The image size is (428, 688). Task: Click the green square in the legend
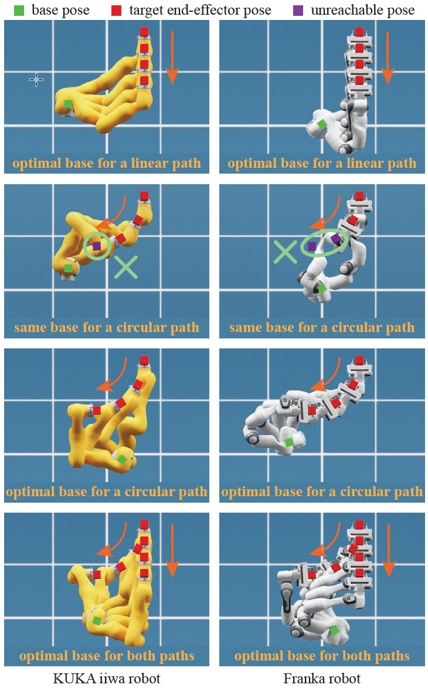click(x=19, y=10)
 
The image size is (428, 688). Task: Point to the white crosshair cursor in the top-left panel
click(x=36, y=80)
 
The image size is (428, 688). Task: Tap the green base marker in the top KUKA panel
click(x=69, y=104)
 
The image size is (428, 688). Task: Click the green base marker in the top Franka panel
click(x=321, y=124)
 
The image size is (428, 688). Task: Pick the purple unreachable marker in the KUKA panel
click(x=97, y=246)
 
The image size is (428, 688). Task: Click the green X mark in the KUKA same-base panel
click(x=125, y=266)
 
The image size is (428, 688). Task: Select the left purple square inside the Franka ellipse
click(x=312, y=246)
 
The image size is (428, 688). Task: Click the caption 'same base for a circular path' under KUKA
click(x=107, y=327)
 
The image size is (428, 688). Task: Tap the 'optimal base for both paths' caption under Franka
click(x=322, y=656)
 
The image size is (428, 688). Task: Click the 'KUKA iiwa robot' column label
click(x=107, y=679)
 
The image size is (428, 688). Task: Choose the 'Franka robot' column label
click(x=322, y=679)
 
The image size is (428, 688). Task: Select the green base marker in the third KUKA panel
click(x=121, y=459)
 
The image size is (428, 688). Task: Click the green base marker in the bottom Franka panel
click(x=334, y=630)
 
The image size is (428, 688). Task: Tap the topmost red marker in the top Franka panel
click(x=359, y=32)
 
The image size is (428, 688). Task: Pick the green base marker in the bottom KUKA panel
click(x=97, y=621)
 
